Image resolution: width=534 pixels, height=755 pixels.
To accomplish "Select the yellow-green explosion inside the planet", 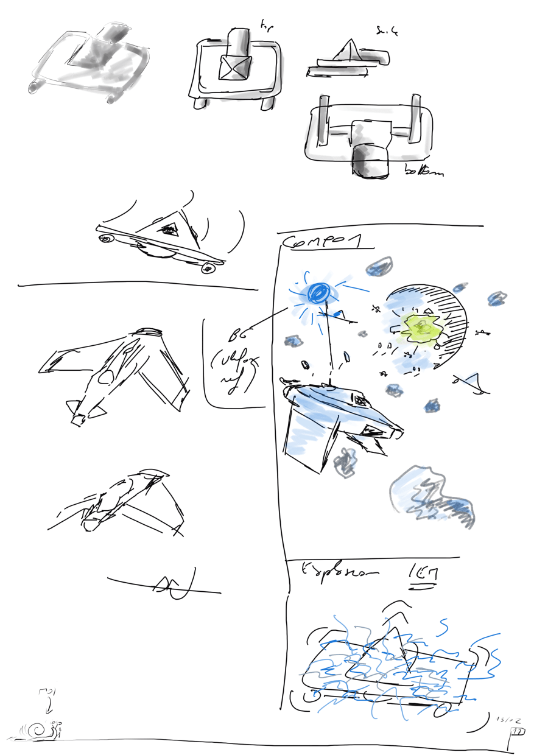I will click(421, 328).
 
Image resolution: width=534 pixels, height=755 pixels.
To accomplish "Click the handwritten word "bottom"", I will click(424, 172).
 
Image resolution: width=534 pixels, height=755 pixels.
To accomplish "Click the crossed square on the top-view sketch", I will click(235, 67).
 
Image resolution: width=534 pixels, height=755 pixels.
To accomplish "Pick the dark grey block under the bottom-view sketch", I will click(370, 162).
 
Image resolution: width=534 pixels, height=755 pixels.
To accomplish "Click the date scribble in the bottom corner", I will click(507, 719).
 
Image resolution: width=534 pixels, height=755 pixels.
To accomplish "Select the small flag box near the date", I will click(518, 731).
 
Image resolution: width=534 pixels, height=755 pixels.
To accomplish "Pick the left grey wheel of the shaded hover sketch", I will click(33, 90).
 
